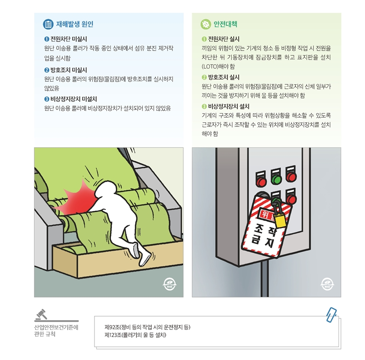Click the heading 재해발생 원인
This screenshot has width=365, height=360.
click(x=75, y=24)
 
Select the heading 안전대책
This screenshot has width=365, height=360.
click(x=225, y=24)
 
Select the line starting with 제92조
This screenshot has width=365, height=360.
click(x=147, y=327)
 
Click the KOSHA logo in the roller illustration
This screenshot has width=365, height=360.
click(x=169, y=284)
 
